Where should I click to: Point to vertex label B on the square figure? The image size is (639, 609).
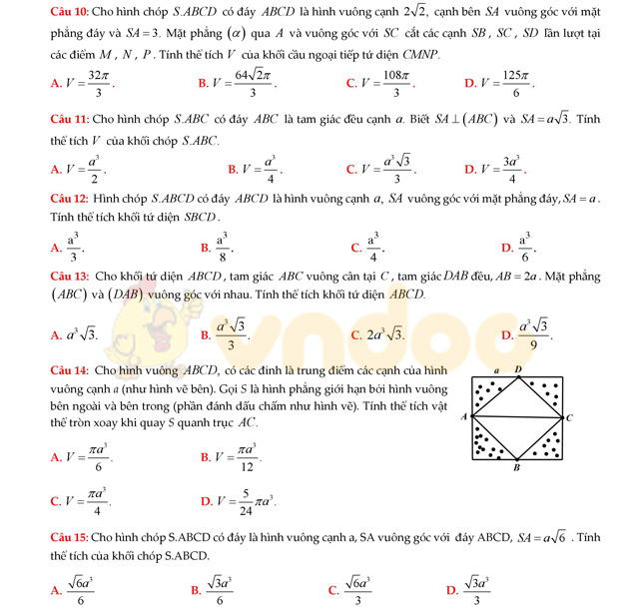point(516,467)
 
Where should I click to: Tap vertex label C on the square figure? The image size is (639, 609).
point(570,418)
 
